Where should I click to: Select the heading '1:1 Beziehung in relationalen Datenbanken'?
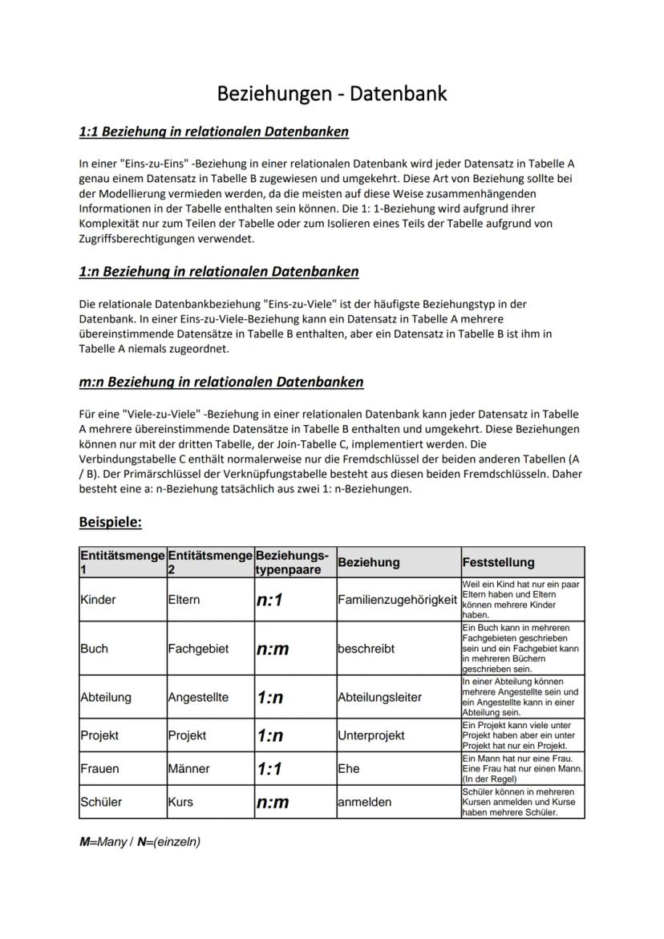[213, 131]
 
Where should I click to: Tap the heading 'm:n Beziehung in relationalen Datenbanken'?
[221, 382]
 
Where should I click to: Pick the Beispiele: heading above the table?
[110, 522]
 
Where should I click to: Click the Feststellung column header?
[498, 562]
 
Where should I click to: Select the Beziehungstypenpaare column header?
[294, 562]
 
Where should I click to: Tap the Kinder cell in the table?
[98, 600]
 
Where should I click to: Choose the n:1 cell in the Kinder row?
[270, 600]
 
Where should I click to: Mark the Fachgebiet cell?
[198, 648]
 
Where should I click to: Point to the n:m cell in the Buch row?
[273, 648]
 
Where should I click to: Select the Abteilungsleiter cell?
[379, 697]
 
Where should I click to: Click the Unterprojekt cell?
[371, 735]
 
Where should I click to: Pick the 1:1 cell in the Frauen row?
[270, 768]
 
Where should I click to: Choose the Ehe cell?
[349, 768]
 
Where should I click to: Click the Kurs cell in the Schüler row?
[181, 802]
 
